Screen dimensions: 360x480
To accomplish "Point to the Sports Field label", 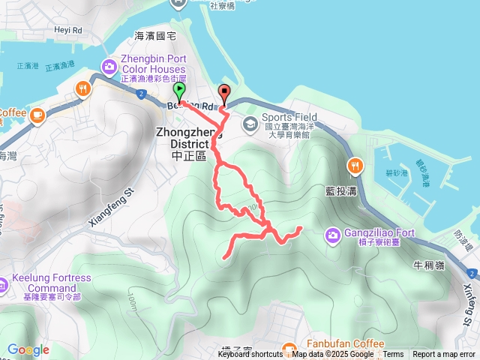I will pos(289,117).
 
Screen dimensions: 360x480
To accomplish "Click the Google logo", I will pos(28,349).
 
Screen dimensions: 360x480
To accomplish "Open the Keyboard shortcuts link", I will pos(250,355).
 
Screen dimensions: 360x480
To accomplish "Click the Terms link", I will pos(393,355).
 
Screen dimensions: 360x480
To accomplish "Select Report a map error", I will pos(444,355).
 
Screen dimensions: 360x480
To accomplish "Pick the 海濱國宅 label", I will pos(154,35).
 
